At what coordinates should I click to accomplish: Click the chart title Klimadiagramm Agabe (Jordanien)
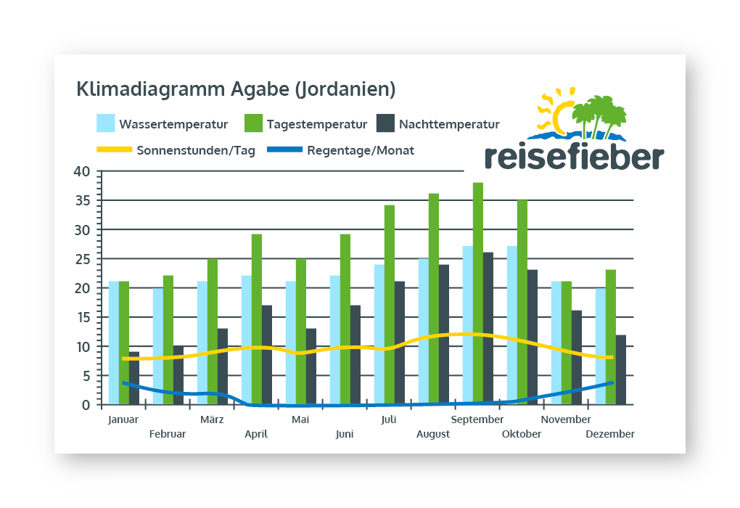tap(236, 89)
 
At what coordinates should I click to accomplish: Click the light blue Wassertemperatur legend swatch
tap(106, 123)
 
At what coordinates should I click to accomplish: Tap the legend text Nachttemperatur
tap(449, 124)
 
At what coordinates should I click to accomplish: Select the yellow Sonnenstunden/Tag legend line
tap(114, 150)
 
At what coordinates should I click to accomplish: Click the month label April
tap(256, 434)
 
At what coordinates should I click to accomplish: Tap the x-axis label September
tap(477, 419)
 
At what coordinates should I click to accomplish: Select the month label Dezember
tap(610, 434)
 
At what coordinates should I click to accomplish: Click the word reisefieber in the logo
tap(573, 156)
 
